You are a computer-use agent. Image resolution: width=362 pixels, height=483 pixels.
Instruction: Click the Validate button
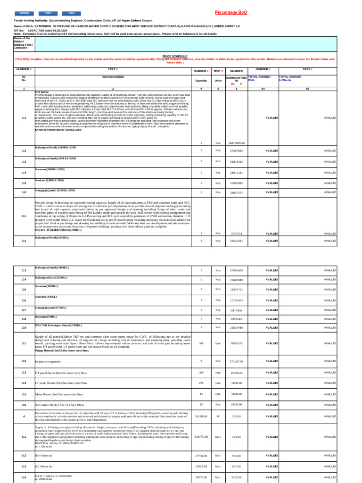click(x=25, y=13)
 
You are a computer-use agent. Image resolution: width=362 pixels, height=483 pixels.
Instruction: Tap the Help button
click(x=71, y=13)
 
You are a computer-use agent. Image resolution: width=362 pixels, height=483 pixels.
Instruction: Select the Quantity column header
click(x=201, y=81)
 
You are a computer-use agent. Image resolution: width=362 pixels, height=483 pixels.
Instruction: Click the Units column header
click(x=218, y=81)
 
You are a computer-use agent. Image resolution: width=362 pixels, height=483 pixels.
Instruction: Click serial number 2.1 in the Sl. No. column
click(x=24, y=216)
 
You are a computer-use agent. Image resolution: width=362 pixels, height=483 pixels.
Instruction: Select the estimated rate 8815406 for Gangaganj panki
click(x=236, y=310)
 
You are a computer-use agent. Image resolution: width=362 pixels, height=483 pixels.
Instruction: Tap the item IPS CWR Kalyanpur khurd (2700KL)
click(x=58, y=325)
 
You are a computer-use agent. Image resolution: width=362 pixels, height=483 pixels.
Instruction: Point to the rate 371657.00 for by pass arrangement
click(x=236, y=361)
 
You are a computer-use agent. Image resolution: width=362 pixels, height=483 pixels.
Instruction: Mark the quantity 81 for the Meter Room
click(x=201, y=394)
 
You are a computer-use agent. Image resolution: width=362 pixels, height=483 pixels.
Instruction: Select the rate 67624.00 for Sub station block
click(x=236, y=404)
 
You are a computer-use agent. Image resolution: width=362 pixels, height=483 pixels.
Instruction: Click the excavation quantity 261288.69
click(x=201, y=416)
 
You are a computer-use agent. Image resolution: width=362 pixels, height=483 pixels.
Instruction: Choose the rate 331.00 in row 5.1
click(x=236, y=436)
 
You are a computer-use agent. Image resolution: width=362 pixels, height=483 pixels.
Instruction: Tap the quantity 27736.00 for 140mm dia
click(x=201, y=456)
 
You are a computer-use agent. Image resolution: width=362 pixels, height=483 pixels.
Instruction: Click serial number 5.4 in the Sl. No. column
click(x=24, y=477)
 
